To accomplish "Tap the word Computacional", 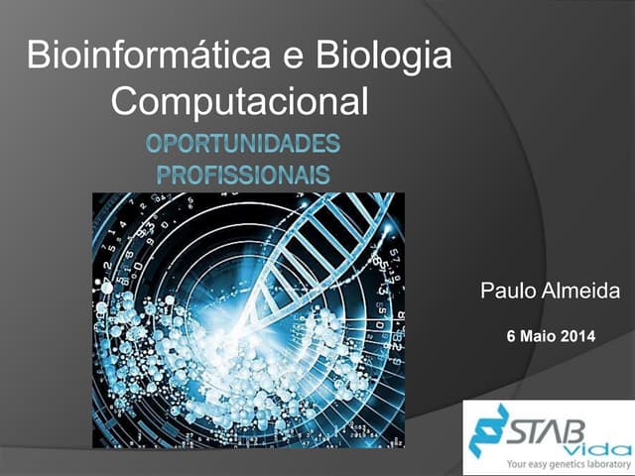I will tap(240, 101).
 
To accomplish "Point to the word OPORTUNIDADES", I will tap(244, 145).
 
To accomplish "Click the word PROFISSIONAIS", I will tap(244, 177).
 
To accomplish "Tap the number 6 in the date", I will tap(511, 337).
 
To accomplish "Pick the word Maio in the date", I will tap(537, 337).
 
